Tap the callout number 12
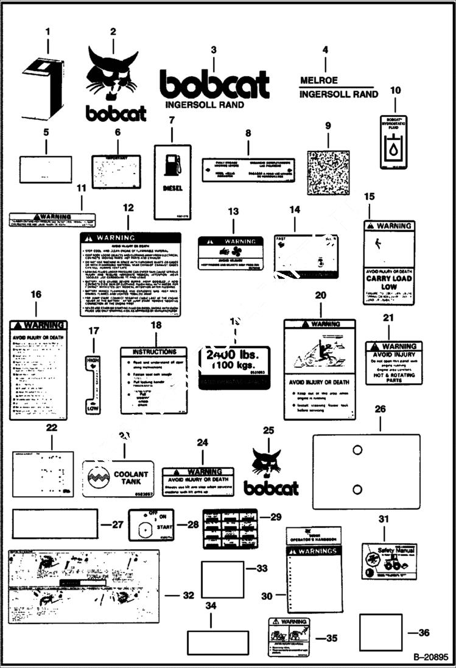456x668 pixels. pos(128,208)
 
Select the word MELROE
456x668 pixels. pos(318,80)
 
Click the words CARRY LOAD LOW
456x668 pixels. pos(388,282)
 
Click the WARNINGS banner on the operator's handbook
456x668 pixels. pos(314,551)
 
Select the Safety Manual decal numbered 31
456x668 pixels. pos(389,560)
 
